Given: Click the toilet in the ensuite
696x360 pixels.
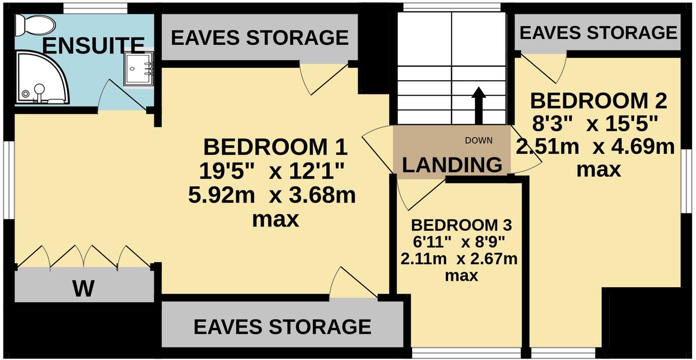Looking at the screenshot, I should (34, 24).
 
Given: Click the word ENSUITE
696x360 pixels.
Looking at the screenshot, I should (93, 45).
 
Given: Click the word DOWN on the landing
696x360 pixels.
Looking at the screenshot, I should (478, 141).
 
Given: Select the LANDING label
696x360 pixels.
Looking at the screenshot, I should (452, 165).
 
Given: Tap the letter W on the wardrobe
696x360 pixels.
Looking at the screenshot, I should (83, 288).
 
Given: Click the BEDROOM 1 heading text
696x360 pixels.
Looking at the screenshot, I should (275, 148).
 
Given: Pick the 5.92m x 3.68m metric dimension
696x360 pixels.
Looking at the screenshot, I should (272, 195).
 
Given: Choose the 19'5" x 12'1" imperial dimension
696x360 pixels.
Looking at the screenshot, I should (272, 172).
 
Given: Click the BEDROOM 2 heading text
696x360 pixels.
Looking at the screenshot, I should (598, 101).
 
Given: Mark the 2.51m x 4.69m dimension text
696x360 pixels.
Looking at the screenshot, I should (595, 147).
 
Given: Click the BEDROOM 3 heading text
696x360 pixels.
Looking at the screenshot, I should (462, 225).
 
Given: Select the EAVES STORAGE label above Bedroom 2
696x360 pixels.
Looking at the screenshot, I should (598, 33).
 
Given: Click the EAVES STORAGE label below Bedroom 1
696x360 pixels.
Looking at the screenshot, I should (282, 327).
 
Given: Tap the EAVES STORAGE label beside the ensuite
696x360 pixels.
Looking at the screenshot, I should (259, 38).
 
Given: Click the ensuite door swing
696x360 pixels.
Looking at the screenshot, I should (120, 97).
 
